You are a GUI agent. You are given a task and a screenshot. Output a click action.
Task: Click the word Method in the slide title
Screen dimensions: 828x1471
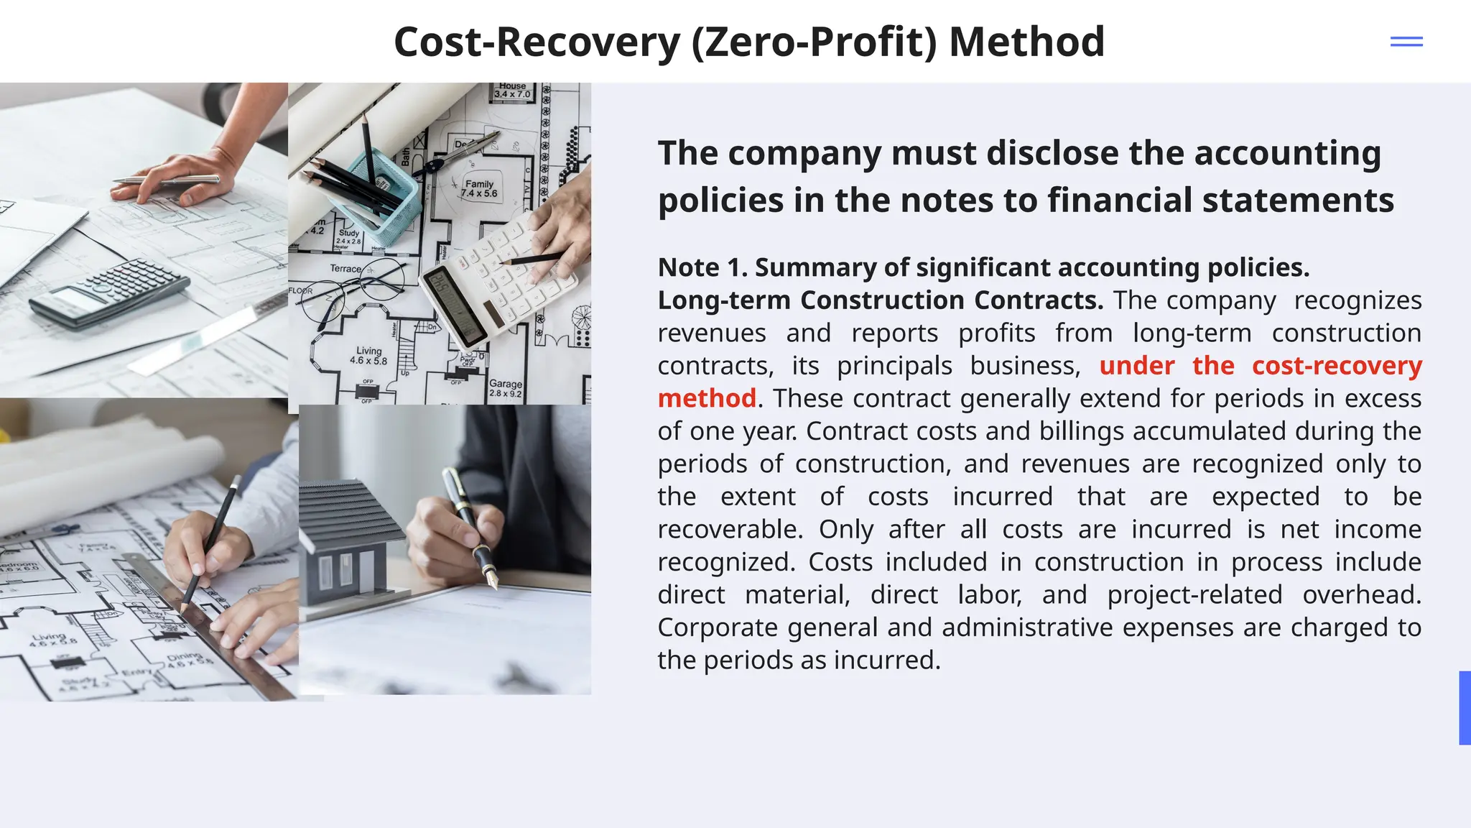[x=1026, y=42]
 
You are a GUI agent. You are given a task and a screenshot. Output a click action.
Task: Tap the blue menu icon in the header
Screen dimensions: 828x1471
[x=1406, y=42]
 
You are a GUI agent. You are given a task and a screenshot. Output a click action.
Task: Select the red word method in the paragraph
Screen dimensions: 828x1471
[x=707, y=398]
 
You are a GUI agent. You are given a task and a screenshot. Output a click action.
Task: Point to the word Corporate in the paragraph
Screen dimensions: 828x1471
[x=718, y=627]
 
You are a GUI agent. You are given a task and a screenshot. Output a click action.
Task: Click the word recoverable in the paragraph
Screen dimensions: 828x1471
[x=729, y=530]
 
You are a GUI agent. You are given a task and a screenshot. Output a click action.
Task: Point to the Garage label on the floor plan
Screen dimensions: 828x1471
[x=506, y=384]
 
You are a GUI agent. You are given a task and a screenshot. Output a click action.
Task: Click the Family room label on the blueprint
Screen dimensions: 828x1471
[x=479, y=184]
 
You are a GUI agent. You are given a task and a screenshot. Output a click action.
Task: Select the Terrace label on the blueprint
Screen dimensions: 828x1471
[x=345, y=269]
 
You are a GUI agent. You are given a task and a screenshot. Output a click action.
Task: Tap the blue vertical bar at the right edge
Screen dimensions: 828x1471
[x=1465, y=707]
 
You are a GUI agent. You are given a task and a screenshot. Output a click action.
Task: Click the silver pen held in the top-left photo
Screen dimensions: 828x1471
[x=165, y=180]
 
